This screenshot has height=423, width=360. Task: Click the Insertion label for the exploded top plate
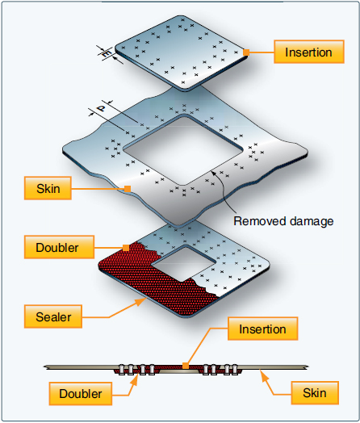click(x=308, y=53)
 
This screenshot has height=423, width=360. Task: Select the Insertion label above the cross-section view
click(x=262, y=329)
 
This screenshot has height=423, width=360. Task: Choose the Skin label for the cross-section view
click(x=314, y=392)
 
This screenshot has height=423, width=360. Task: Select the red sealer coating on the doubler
click(x=137, y=274)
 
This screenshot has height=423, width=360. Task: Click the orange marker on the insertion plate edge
click(x=248, y=53)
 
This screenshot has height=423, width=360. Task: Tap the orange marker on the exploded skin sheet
click(x=127, y=190)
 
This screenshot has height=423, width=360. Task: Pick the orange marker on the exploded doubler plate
click(x=125, y=247)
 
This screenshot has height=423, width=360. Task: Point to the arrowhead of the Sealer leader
click(x=144, y=298)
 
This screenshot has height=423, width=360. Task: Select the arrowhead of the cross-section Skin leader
click(x=261, y=371)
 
